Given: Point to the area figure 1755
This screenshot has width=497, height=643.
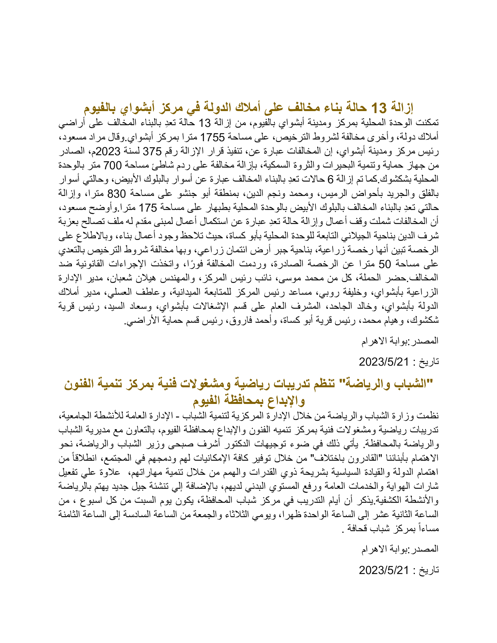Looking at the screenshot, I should pos(212,137).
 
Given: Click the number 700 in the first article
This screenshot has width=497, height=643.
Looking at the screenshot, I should pos(112,165).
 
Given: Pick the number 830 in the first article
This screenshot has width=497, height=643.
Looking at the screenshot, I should pos(117,194).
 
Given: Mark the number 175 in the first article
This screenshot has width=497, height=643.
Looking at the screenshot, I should pos(148,208).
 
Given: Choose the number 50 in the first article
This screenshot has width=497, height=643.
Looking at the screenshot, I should pos(384,265).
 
